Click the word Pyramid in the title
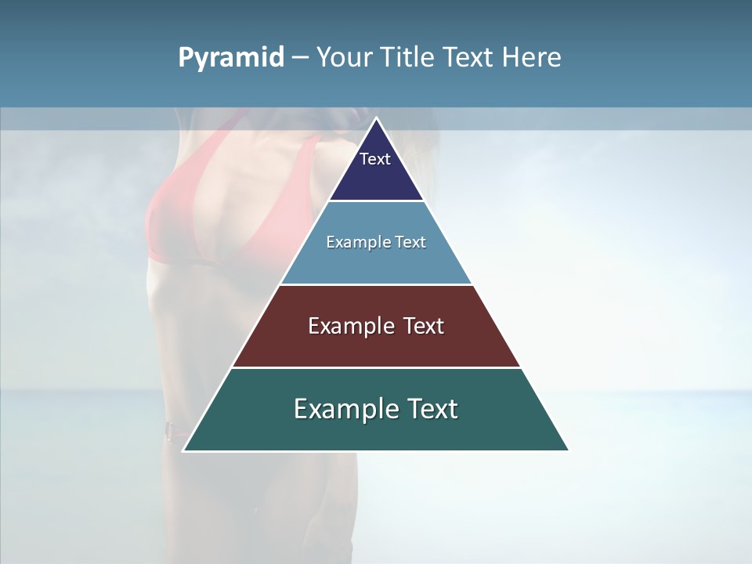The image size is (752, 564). point(231,58)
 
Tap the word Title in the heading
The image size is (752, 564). point(407,58)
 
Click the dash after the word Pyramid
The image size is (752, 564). point(300,58)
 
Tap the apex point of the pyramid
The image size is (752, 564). point(376,119)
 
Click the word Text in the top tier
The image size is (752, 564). point(375,159)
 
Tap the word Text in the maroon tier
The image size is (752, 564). point(423,326)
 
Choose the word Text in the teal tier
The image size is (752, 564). point(433,409)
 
